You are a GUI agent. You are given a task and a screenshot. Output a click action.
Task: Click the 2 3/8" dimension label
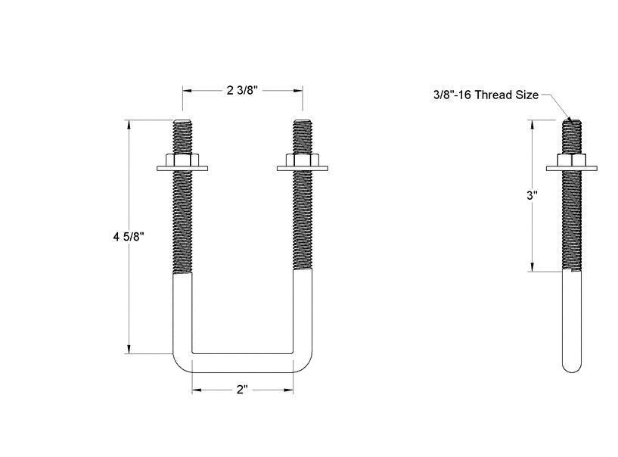pos(242,90)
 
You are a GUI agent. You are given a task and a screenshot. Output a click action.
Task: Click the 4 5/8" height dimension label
pos(129,237)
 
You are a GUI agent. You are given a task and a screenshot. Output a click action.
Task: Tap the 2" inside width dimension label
pos(242,390)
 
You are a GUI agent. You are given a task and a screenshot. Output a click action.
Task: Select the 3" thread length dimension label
pos(533,195)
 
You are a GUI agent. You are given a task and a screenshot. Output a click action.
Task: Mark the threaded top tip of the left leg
pos(182,122)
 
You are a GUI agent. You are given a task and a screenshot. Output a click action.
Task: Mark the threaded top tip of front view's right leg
pos(303,122)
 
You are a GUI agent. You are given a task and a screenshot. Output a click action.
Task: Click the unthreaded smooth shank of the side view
pos(573,318)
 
